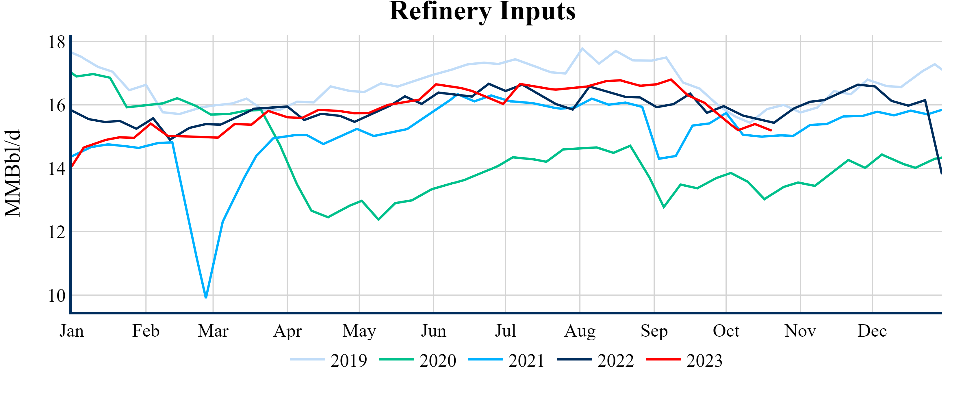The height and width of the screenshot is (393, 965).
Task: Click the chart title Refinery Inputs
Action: point(482,11)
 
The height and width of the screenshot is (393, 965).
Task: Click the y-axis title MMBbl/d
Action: point(13,173)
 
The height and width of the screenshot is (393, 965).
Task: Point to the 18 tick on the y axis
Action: point(57,42)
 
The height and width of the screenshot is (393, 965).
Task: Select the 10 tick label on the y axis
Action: point(57,296)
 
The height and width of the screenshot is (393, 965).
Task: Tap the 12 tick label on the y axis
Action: point(57,233)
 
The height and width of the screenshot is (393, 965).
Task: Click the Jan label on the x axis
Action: point(72,331)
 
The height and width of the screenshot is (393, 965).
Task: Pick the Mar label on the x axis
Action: point(213,331)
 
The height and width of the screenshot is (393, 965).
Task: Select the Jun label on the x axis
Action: point(433,331)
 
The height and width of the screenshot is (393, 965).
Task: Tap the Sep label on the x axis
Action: point(654,331)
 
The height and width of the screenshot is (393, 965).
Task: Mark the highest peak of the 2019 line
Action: point(582,48)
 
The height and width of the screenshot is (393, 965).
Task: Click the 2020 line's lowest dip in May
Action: point(378,220)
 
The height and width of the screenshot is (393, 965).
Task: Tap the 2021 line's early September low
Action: point(659,159)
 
